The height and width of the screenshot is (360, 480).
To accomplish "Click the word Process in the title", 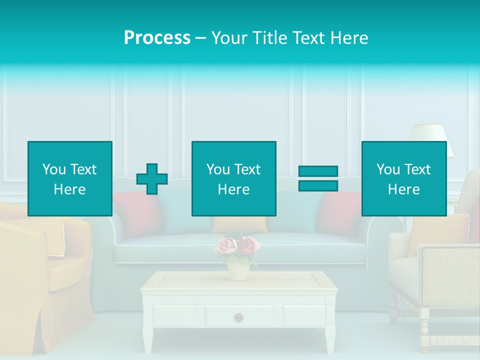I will (157, 38).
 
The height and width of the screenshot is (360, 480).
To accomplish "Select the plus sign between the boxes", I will (152, 179).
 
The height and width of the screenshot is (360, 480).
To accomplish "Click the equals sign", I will (318, 178).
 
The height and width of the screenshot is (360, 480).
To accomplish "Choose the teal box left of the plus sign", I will (70, 178).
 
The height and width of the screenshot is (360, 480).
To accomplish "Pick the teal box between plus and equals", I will (233, 178).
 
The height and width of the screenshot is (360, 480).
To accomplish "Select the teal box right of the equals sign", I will (403, 178).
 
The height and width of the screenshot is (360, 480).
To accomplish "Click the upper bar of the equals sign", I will (318, 171).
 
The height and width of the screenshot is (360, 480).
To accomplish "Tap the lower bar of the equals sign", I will (318, 185).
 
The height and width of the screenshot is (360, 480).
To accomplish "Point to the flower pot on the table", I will (238, 270).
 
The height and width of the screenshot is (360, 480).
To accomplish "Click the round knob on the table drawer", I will (239, 316).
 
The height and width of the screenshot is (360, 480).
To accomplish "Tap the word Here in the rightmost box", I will (403, 189).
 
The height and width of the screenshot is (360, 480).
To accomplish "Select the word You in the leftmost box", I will (53, 169).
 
